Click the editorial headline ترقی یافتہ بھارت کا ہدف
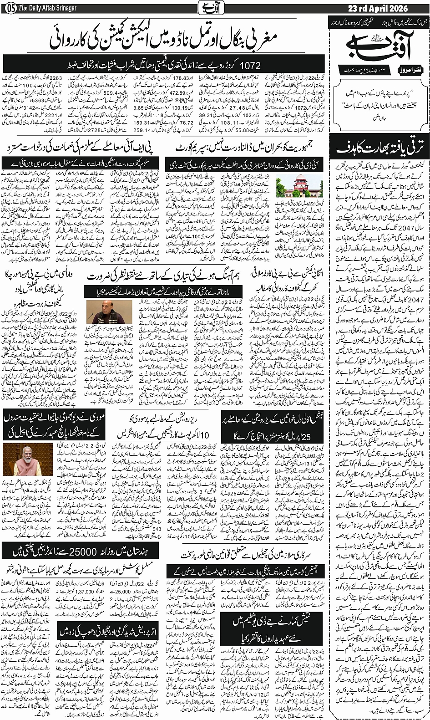pyautogui.click(x=380, y=148)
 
